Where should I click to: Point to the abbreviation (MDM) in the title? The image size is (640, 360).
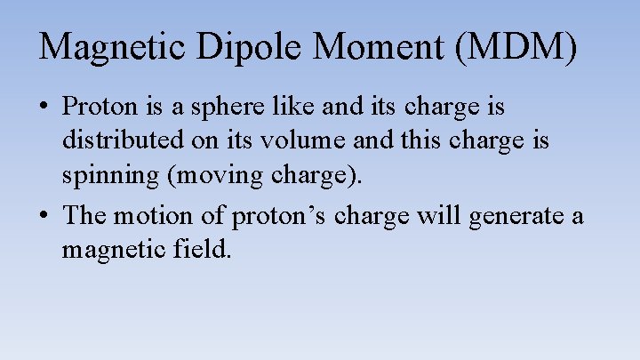click(x=516, y=46)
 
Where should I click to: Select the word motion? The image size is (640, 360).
click(x=153, y=215)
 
